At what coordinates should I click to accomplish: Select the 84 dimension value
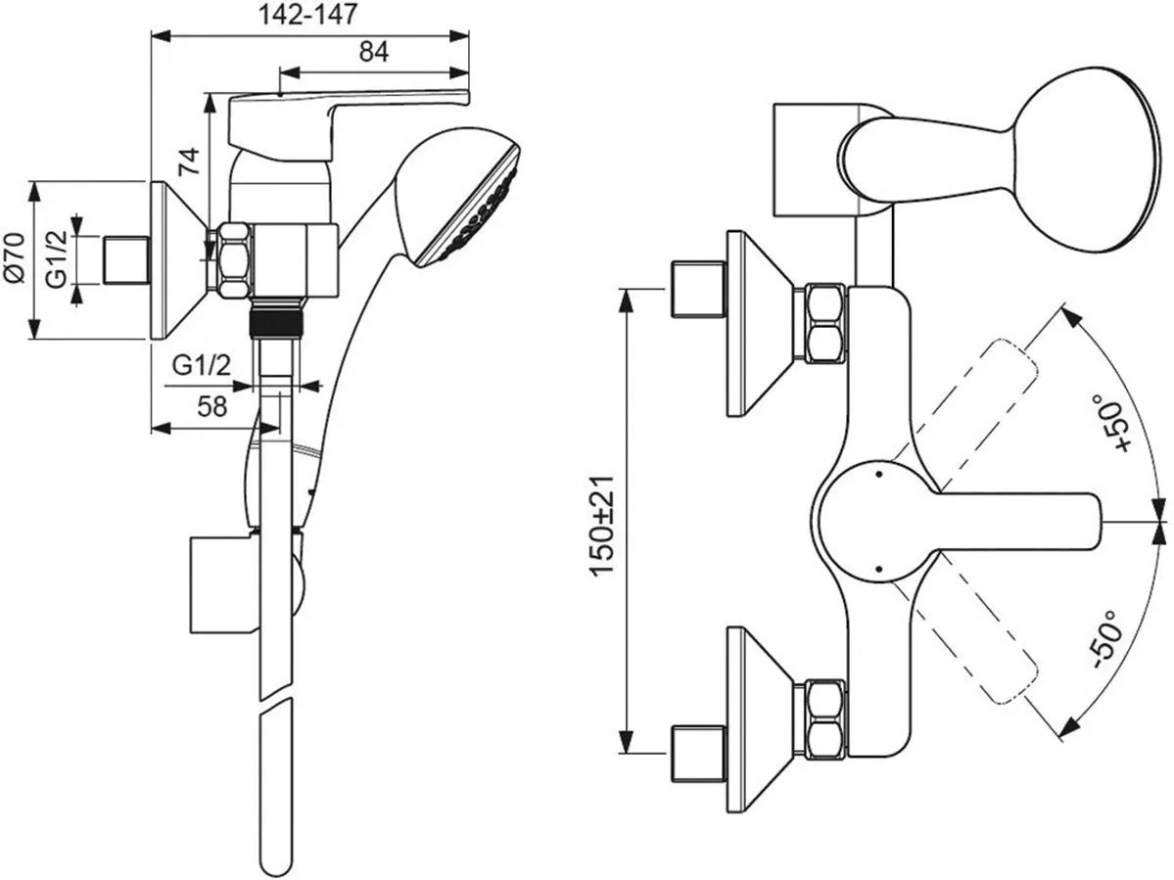(373, 52)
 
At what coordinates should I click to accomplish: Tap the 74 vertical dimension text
(190, 162)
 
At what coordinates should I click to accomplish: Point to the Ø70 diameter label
(16, 258)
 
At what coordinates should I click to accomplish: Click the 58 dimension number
(212, 406)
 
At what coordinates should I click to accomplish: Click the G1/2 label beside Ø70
(56, 258)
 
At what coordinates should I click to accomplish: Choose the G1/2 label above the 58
(202, 366)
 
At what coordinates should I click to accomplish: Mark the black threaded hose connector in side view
(278, 321)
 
